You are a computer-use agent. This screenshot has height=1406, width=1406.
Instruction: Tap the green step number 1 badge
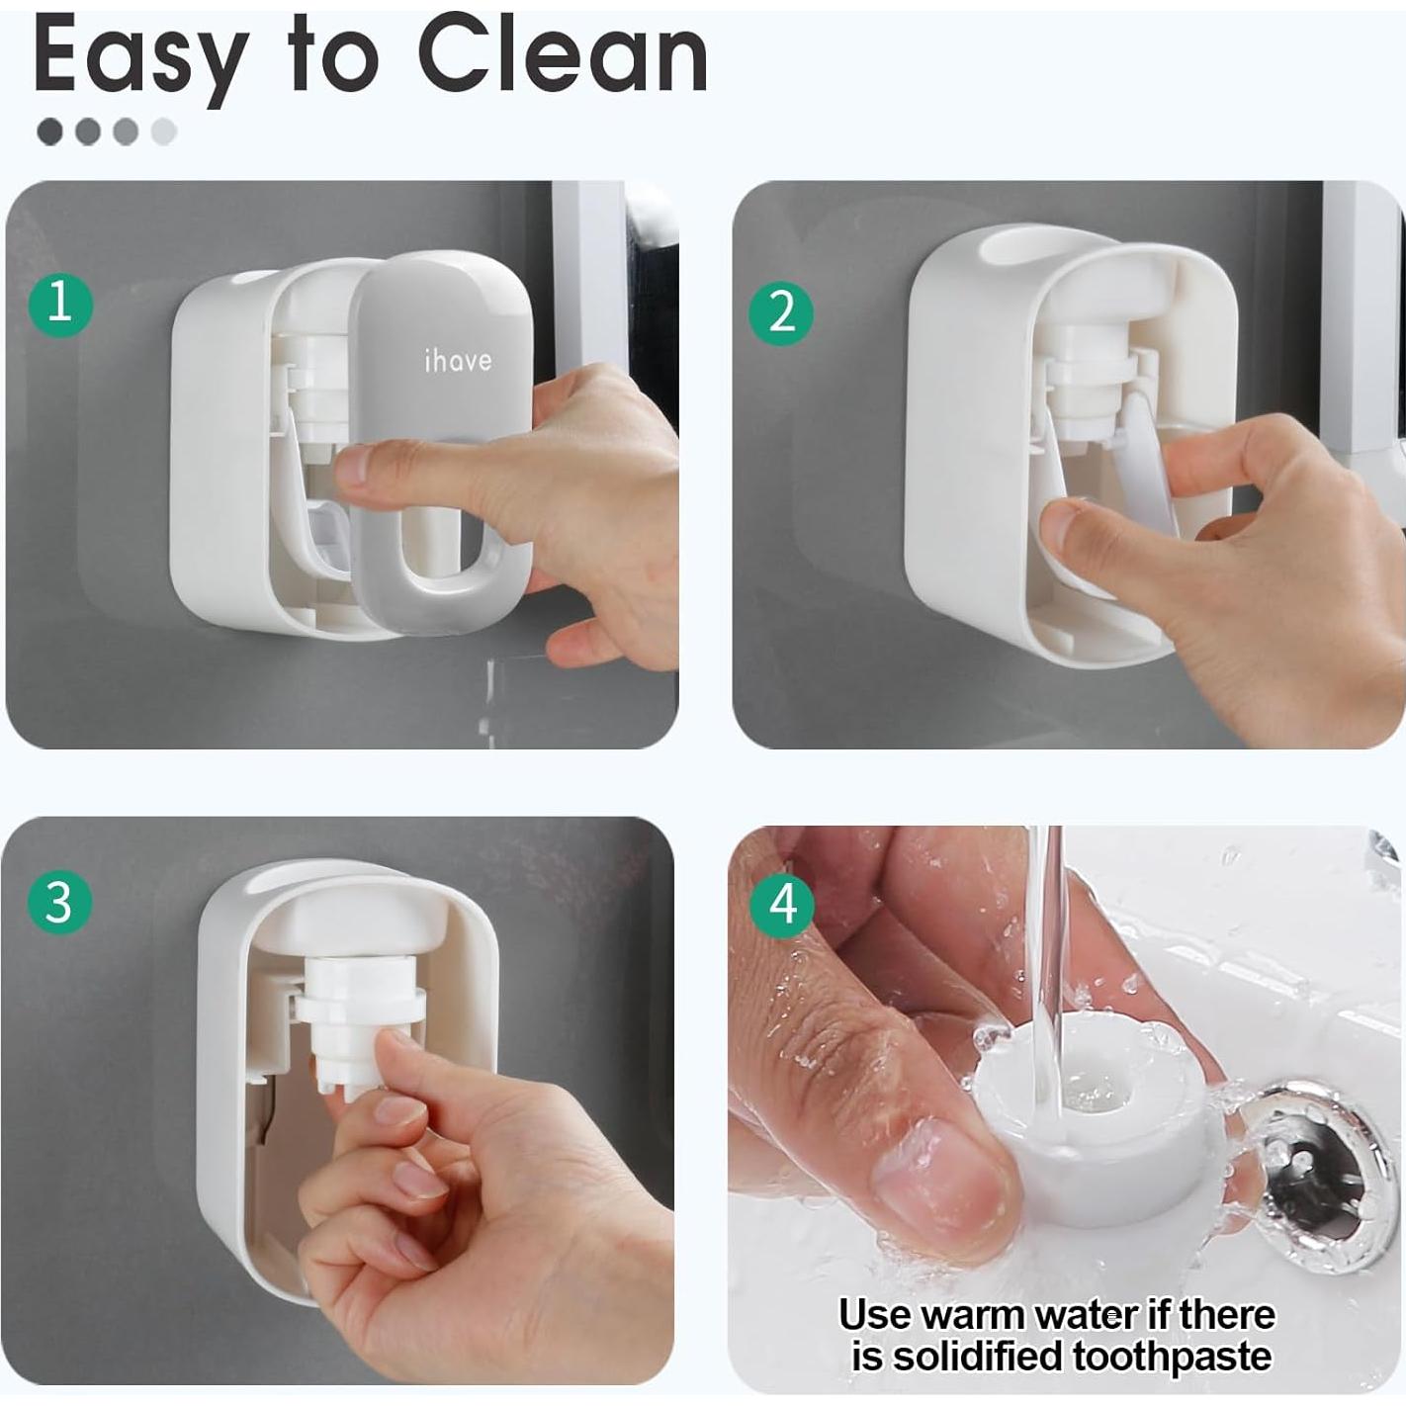point(60,302)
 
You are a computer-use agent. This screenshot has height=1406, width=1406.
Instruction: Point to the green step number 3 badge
point(59,902)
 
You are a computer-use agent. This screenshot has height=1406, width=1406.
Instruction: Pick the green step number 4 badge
point(782,903)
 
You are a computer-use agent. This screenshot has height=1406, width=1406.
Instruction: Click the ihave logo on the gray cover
point(457,361)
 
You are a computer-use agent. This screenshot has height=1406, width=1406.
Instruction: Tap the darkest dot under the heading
point(49,132)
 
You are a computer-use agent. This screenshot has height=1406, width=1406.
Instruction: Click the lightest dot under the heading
point(164,132)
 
